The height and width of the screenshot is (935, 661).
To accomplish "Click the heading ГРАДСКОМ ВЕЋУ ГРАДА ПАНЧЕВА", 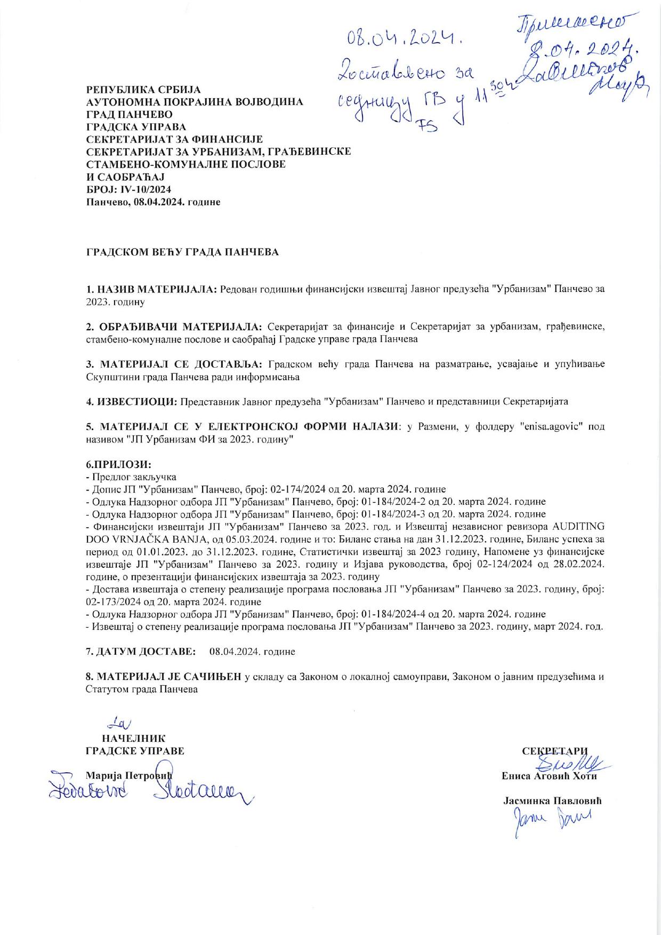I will tap(182, 252).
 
